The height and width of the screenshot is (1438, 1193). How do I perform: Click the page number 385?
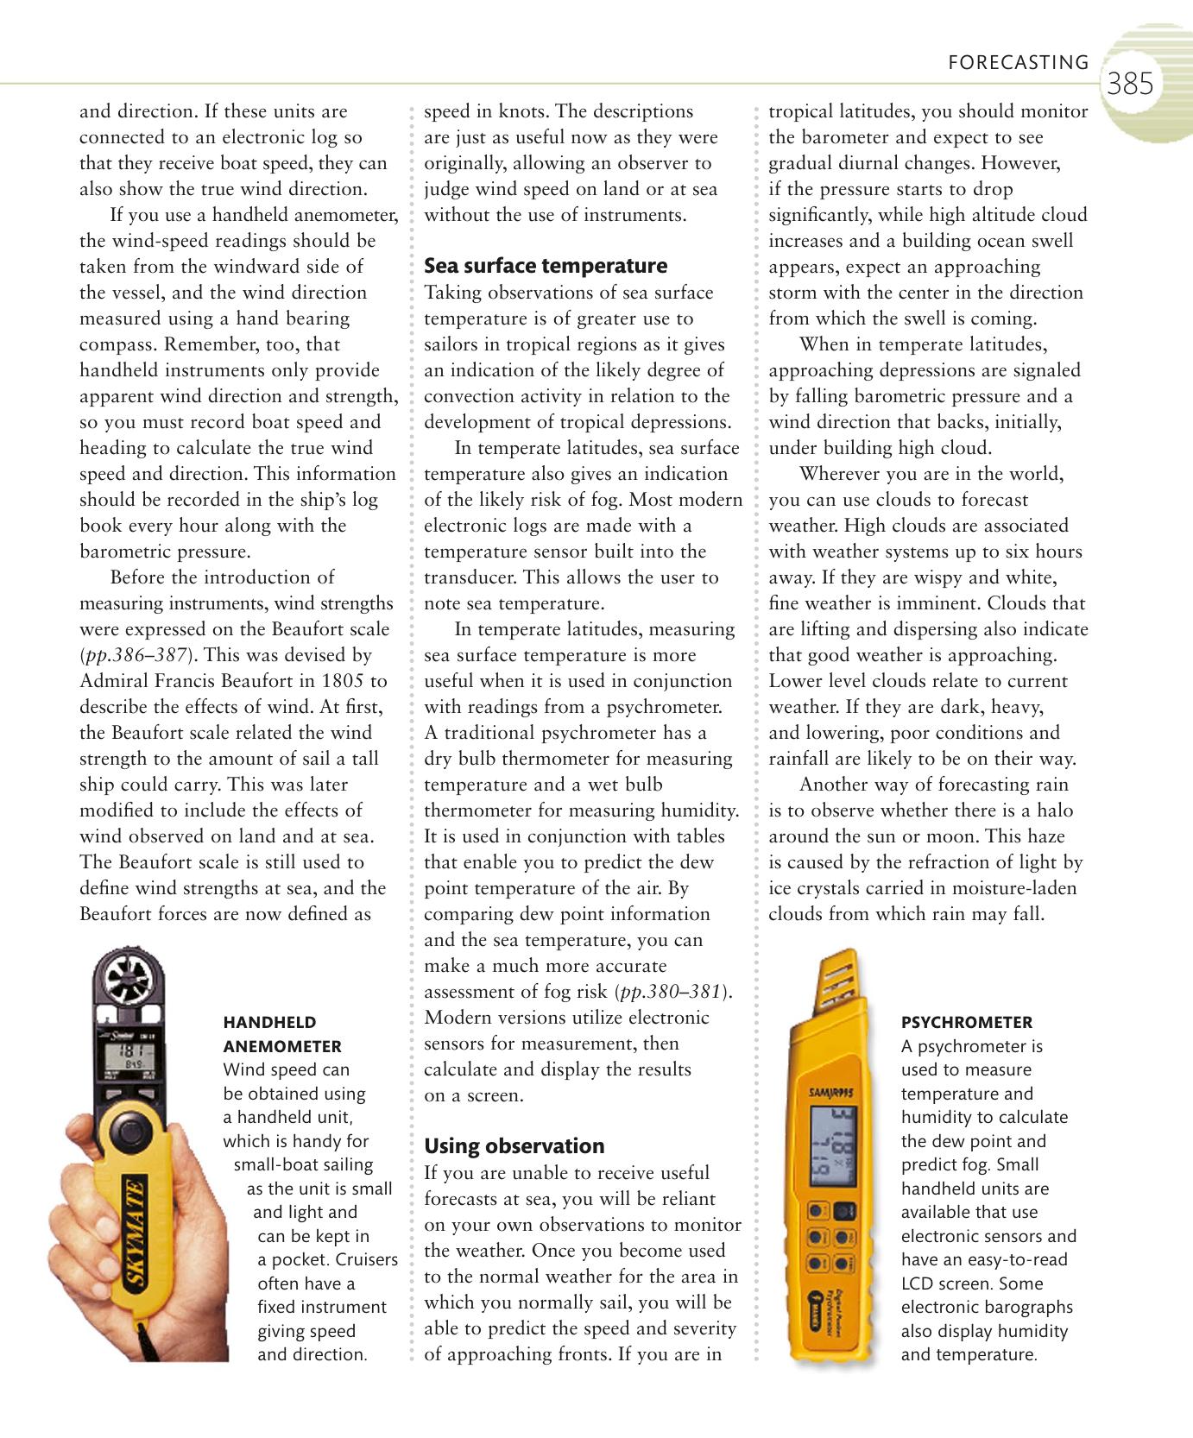click(1130, 84)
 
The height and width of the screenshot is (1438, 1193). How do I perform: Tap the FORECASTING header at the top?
click(1018, 62)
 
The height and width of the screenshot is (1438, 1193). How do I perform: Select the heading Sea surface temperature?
click(546, 265)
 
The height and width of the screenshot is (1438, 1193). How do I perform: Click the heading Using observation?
click(514, 1145)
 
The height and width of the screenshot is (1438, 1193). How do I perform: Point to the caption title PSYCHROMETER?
click(966, 1022)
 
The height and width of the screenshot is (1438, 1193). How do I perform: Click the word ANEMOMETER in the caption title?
click(282, 1046)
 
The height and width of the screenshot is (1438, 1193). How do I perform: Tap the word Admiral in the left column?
click(112, 681)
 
